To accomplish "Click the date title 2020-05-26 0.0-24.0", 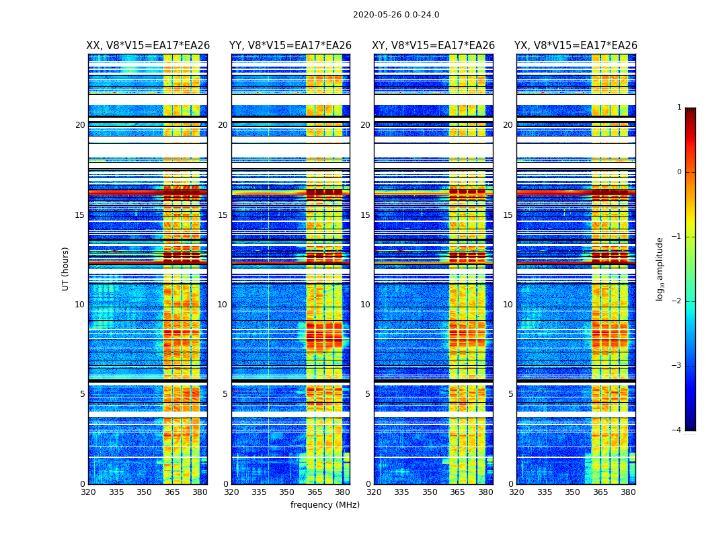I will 396,15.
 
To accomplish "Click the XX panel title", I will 148,46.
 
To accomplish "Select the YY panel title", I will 290,46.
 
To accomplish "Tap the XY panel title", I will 433,46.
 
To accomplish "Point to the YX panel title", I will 576,46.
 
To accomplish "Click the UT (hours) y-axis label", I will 66,268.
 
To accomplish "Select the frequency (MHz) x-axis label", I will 325,505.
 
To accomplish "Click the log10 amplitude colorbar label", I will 660,268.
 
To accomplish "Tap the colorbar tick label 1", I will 679,108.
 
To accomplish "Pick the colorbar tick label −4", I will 677,430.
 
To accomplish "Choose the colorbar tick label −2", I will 677,301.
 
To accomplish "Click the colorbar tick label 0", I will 679,172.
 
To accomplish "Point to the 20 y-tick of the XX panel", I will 80,125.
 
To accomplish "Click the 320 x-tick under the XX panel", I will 88,492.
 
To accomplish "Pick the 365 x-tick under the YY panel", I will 315,492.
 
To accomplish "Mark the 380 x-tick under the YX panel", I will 628,492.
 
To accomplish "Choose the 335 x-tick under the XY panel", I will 401,492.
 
